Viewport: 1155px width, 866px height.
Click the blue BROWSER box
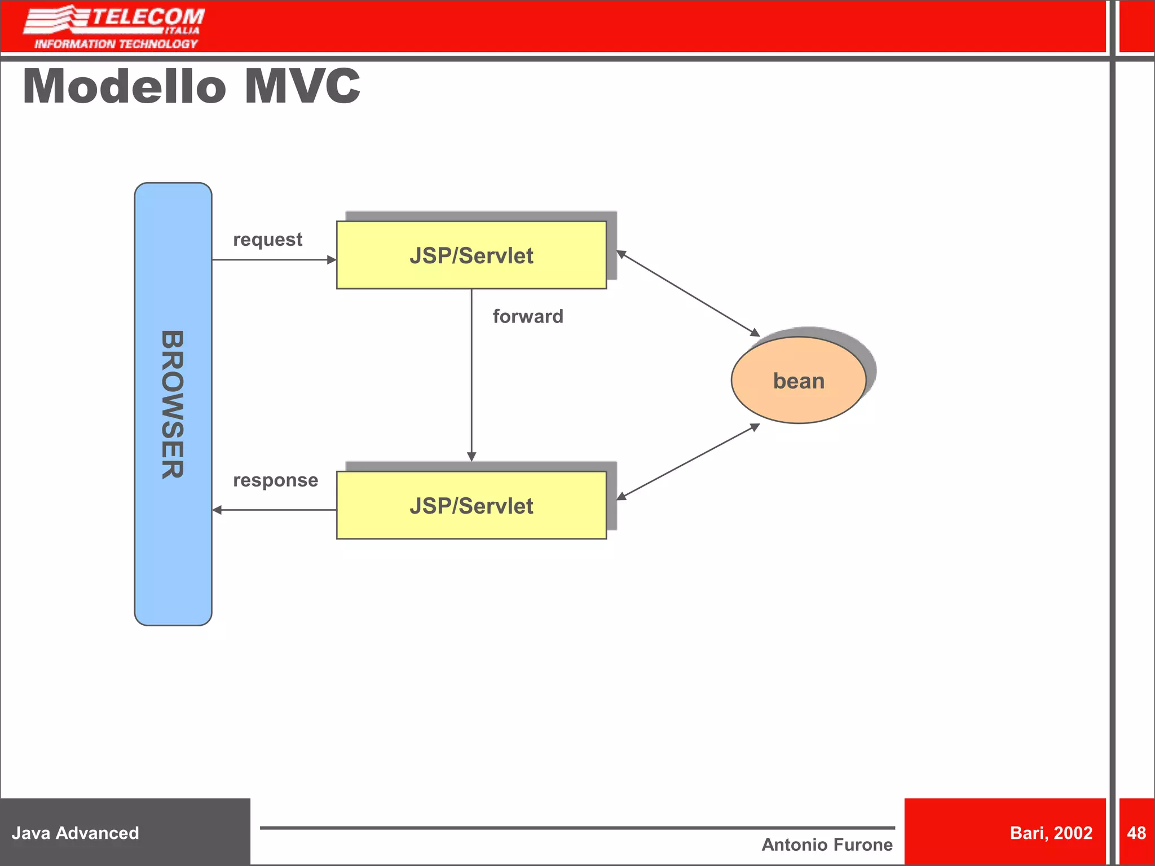173,404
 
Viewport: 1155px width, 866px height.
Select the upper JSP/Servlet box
471,255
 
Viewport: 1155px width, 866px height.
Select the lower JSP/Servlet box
471,506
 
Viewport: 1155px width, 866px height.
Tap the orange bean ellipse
798,381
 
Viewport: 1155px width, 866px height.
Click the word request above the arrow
268,240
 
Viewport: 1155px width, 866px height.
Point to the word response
275,480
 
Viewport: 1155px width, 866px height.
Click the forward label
527,316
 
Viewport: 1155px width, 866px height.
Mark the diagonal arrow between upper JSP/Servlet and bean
688,294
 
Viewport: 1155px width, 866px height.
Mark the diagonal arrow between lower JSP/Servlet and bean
688,462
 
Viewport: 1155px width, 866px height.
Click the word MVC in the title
302,87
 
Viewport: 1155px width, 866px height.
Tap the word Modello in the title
124,87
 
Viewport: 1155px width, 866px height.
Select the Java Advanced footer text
75,833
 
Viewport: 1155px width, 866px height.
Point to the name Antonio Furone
827,845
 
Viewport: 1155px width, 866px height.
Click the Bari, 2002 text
1051,833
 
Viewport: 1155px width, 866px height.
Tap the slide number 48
1136,833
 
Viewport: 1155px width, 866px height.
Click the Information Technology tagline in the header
116,44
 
